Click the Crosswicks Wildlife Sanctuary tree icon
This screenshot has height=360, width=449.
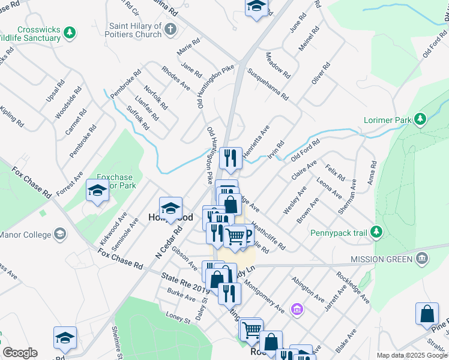pyautogui.click(x=70, y=31)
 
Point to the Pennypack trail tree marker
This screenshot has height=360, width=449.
pyautogui.click(x=376, y=231)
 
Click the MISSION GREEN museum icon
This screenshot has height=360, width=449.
pyautogui.click(x=422, y=259)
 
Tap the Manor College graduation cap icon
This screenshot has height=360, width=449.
pyautogui.click(x=59, y=233)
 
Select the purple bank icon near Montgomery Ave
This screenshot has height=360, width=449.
pyautogui.click(x=297, y=310)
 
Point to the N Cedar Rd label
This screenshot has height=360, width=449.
pyautogui.click(x=169, y=242)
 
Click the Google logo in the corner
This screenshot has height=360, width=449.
pyautogui.click(x=20, y=353)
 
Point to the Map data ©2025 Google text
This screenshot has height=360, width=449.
pyautogui.click(x=411, y=355)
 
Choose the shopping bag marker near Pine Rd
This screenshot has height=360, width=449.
pyautogui.click(x=426, y=314)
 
